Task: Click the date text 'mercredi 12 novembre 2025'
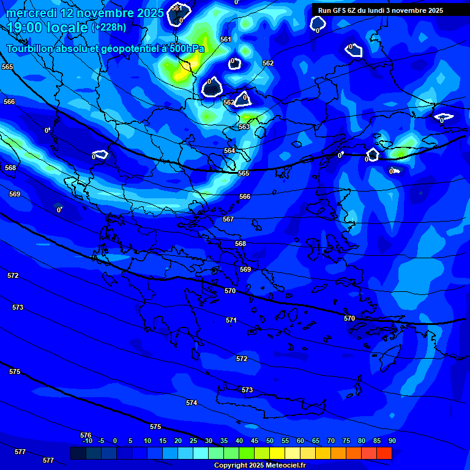[x=85, y=13]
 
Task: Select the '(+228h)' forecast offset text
[x=109, y=28]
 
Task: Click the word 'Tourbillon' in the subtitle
[x=31, y=48]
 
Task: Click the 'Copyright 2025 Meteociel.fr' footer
[x=259, y=465]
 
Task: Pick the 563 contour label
[x=244, y=127]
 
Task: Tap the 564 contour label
[x=229, y=151]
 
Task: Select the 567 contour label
[x=228, y=219]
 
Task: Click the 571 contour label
[x=231, y=320]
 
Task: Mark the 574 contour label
[x=192, y=403]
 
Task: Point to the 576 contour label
[x=86, y=435]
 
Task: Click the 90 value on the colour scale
[x=392, y=441]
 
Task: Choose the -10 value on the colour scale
[x=87, y=441]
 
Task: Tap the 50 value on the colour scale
[x=270, y=441]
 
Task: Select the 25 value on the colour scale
[x=193, y=441]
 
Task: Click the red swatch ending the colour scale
[x=384, y=453]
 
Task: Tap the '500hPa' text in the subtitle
[x=186, y=48]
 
